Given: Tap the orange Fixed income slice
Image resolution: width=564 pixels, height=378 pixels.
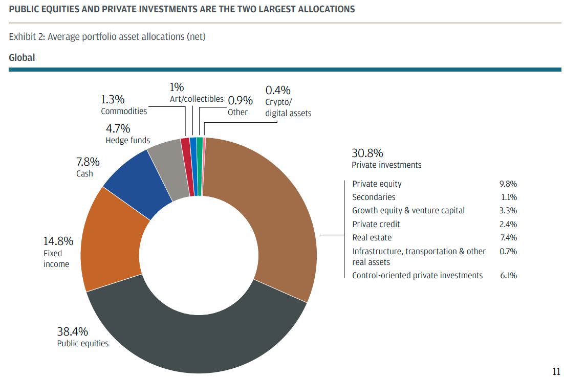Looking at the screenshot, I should click(110, 240).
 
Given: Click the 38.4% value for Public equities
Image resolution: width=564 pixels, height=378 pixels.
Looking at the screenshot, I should click(72, 331).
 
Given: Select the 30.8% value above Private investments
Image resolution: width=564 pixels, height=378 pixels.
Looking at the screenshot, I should click(367, 153).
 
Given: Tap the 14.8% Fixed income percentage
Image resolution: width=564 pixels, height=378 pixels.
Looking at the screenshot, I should click(58, 241).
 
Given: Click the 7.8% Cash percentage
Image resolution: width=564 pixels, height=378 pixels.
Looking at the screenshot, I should click(88, 162).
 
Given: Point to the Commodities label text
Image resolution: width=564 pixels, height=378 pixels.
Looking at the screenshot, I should click(124, 111).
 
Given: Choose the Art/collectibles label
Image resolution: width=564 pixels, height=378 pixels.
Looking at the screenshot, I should click(197, 99).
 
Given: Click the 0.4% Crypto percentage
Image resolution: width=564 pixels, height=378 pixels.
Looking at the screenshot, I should click(278, 90).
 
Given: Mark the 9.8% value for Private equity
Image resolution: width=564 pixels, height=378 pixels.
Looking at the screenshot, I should click(508, 184).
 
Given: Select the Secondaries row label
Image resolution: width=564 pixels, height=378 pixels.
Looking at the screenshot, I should click(374, 197).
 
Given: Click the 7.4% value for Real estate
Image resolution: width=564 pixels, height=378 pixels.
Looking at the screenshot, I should click(508, 238).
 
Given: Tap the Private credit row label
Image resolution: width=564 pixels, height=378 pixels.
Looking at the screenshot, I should click(376, 225).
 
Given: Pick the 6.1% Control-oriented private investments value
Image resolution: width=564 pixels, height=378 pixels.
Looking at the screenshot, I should click(508, 276).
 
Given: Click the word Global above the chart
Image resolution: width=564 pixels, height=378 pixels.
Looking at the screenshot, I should click(22, 58).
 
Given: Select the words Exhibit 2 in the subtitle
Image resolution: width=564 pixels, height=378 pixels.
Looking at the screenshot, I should click(26, 37).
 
